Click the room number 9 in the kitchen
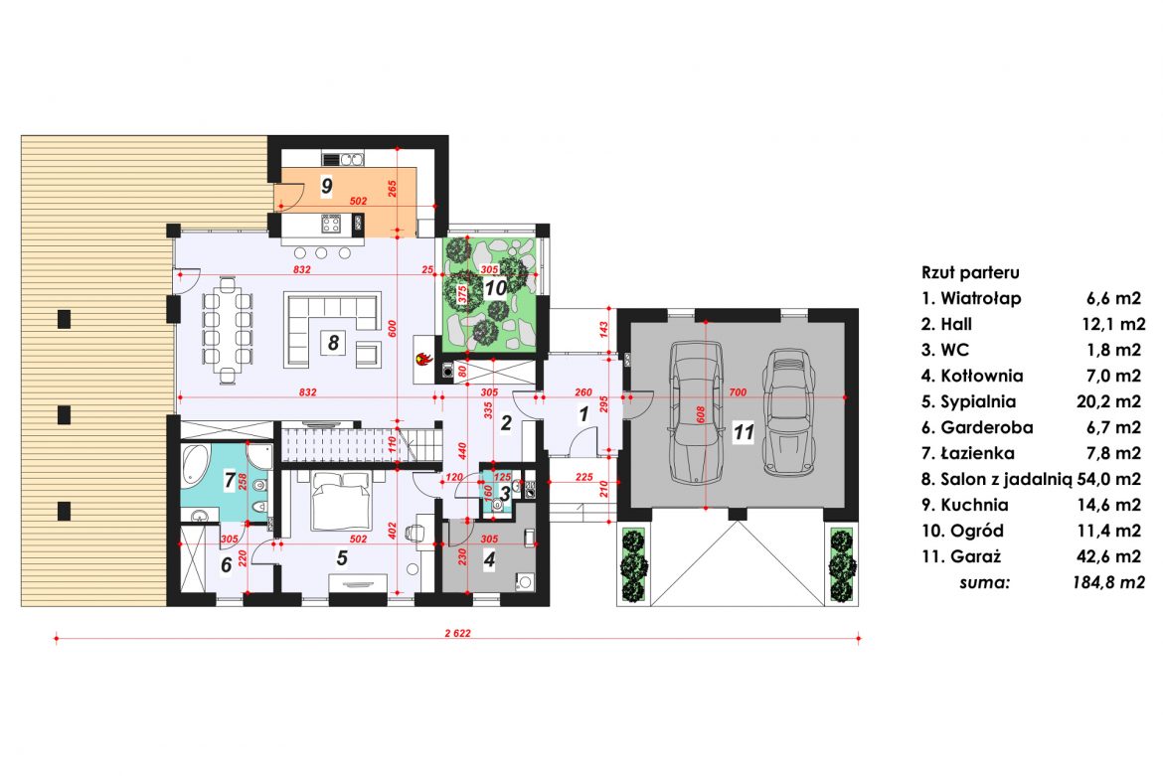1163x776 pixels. [327, 185]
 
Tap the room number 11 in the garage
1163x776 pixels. [744, 431]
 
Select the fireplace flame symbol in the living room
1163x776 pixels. [423, 360]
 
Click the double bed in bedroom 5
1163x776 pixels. [339, 501]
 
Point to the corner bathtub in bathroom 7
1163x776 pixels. [197, 465]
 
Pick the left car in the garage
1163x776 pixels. [696, 412]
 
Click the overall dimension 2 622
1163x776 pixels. [457, 633]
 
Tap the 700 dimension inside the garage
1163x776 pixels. [738, 392]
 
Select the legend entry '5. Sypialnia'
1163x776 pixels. [968, 401]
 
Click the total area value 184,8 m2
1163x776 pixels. [1108, 582]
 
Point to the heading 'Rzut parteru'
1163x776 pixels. [970, 273]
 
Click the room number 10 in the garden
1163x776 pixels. [495, 287]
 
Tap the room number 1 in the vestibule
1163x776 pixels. [583, 413]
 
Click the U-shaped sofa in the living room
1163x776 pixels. [332, 330]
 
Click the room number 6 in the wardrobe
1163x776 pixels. [227, 564]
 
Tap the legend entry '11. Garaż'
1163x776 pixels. [961, 556]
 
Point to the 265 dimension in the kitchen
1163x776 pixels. [393, 188]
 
